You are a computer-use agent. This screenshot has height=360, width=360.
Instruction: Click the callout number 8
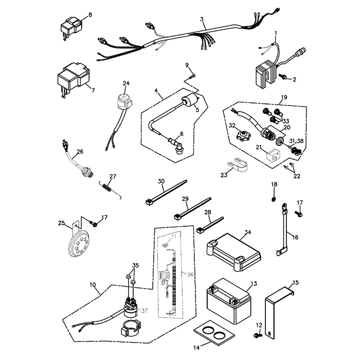click(91, 14)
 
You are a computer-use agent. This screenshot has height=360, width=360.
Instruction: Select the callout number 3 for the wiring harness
click(202, 20)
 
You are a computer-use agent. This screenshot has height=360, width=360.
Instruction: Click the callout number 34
click(248, 232)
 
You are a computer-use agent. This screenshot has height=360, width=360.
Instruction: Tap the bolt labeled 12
click(257, 335)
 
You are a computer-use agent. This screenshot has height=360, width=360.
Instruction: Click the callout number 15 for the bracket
click(295, 282)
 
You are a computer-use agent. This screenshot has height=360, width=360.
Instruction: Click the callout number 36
click(190, 275)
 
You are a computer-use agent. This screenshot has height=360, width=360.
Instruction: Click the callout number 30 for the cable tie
click(161, 181)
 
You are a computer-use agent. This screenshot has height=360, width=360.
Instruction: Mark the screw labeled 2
click(283, 77)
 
